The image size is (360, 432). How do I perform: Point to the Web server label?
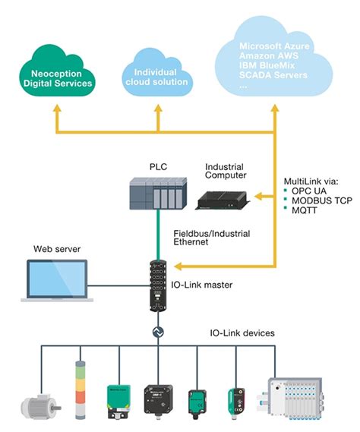click(x=56, y=249)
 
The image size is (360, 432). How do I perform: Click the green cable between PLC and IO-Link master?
click(x=158, y=235)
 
